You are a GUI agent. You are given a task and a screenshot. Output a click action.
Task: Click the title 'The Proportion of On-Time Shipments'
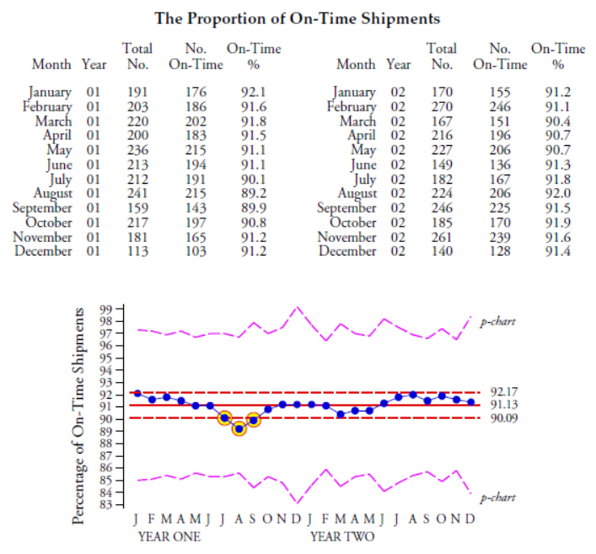298,18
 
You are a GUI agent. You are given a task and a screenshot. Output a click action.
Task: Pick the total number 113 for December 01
137,250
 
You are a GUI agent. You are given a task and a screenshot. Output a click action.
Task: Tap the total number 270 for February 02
442,106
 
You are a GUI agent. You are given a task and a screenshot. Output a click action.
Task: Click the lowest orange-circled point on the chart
239,428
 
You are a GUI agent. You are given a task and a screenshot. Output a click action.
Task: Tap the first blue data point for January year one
137,393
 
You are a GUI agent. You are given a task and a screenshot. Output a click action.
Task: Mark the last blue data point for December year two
470,401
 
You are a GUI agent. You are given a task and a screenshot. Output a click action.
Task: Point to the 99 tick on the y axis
105,309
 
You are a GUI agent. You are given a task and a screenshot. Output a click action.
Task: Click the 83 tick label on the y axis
105,504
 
